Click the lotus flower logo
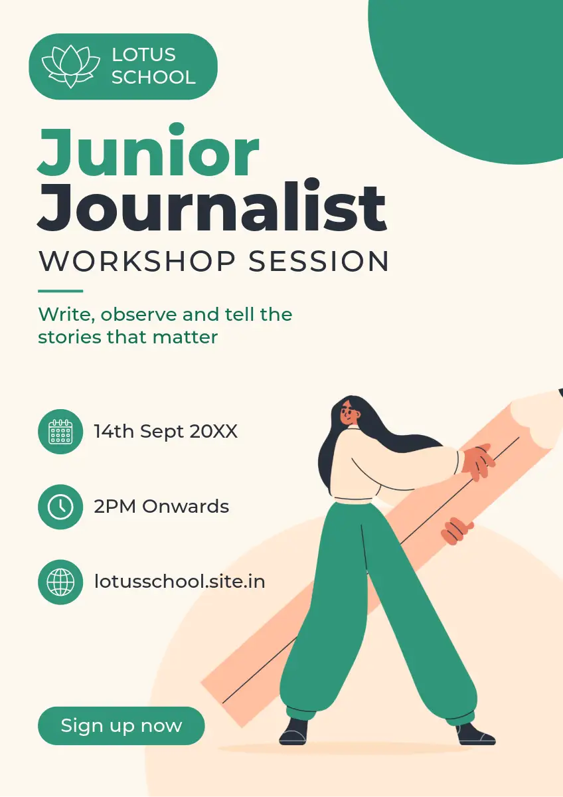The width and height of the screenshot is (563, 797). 71,66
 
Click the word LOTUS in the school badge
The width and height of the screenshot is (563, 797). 143,54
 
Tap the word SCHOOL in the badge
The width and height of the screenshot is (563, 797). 153,77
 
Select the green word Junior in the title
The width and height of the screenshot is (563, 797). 148,151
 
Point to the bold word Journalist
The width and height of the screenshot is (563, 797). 212,205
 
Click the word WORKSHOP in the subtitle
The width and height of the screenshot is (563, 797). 137,262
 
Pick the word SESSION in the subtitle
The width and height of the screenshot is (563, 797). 319,262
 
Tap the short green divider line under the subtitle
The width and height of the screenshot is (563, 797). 60,291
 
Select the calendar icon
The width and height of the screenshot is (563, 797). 60,432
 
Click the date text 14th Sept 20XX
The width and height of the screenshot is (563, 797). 166,432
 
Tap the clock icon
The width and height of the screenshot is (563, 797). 60,507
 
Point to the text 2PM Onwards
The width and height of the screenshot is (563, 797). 161,506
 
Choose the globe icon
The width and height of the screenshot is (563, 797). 60,582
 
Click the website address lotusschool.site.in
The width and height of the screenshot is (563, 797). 180,582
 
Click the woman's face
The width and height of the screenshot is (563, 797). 349,414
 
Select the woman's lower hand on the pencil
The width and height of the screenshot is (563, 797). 457,531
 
